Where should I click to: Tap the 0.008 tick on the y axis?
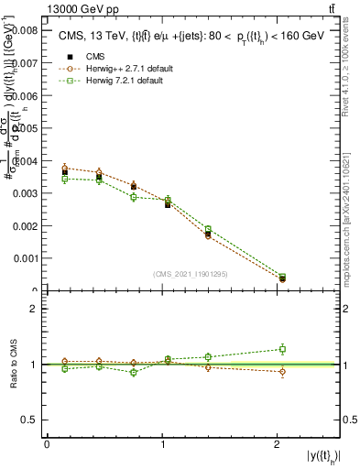(x=25, y=30)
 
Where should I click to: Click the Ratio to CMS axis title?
(x=12, y=364)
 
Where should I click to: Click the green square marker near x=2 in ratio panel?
(x=282, y=349)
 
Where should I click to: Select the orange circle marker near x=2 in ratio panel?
(x=282, y=372)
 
